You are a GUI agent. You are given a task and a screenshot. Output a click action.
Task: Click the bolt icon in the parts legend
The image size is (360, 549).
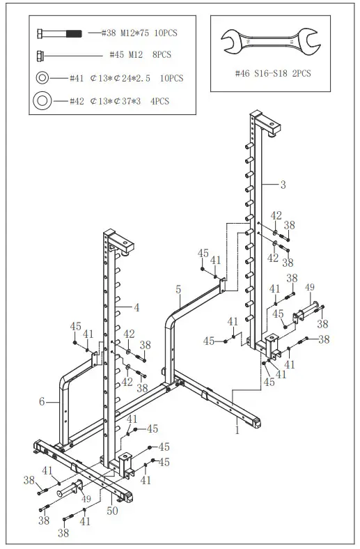coord(59,33)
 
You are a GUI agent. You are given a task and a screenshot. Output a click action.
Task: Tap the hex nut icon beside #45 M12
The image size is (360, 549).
coord(42,55)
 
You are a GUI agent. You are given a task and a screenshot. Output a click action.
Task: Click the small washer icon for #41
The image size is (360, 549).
coord(42,78)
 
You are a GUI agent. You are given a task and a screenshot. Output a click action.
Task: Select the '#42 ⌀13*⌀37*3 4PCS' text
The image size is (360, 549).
coord(119,102)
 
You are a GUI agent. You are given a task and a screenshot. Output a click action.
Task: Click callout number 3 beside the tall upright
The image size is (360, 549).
coord(283,185)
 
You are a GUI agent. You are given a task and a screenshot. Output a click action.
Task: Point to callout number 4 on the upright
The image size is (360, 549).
coord(136,307)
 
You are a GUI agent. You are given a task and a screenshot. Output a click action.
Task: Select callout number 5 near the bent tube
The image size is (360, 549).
coord(178,288)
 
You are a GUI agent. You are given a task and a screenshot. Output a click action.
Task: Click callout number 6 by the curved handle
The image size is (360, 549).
coord(42,402)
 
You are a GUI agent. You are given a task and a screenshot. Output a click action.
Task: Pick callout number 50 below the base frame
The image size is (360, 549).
coord(112,511)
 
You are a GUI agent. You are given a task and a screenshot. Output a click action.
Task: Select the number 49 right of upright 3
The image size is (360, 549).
coord(310,287)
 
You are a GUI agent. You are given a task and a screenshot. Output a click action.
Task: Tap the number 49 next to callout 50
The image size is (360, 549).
coord(86,499)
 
